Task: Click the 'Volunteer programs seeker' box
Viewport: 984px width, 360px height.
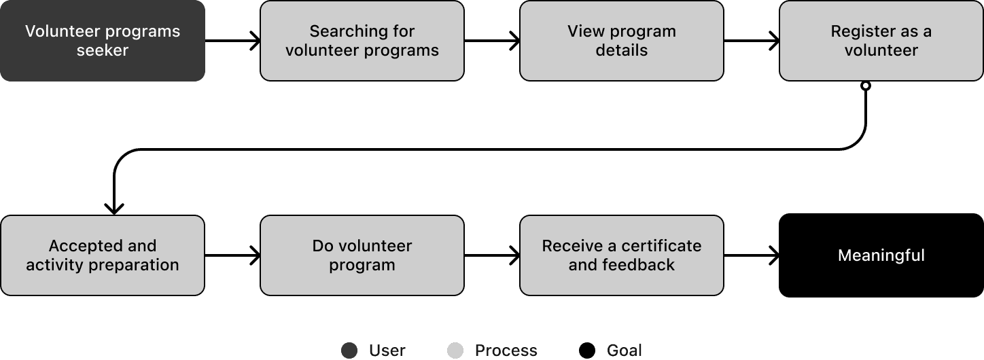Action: (102, 41)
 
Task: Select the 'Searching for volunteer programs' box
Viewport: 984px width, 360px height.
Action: (362, 41)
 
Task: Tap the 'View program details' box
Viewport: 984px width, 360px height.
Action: (621, 41)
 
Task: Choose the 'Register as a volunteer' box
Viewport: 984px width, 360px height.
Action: (881, 41)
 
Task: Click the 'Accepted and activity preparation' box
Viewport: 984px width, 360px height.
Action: (102, 255)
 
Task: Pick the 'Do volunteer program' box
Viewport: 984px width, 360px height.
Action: (362, 255)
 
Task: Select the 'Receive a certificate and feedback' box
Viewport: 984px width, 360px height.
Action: (621, 255)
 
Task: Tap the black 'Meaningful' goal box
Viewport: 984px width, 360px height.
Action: (881, 255)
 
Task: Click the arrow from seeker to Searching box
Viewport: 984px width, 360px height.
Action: (232, 41)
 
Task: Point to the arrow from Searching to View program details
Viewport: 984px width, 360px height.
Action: (492, 41)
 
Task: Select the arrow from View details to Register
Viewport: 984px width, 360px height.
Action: (752, 41)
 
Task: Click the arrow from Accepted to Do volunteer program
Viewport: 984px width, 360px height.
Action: (232, 255)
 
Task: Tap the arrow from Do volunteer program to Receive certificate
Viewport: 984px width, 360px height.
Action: (492, 255)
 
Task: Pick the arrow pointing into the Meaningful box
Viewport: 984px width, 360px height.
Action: (752, 255)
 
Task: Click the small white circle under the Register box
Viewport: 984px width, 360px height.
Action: (865, 86)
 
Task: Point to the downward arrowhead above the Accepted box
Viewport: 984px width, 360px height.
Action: (114, 208)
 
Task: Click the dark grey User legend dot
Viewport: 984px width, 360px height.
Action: (349, 350)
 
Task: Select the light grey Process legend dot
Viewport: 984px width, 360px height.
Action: (455, 350)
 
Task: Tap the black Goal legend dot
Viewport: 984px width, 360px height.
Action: (587, 350)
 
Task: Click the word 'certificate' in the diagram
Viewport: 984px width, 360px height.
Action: (661, 246)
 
